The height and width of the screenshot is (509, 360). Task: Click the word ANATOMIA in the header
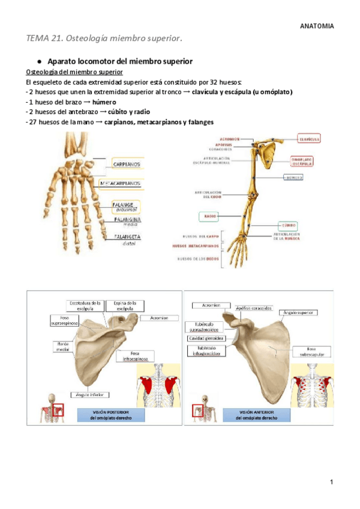pyautogui.click(x=317, y=26)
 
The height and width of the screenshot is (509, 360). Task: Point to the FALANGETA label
pyautogui.click(x=127, y=237)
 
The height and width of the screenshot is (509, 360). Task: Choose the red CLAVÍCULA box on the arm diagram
pyautogui.click(x=309, y=139)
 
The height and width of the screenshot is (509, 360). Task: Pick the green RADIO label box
pyautogui.click(x=207, y=217)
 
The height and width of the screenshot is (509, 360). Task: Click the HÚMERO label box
pyautogui.click(x=294, y=178)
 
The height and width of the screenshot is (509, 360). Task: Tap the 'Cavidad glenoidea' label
pyautogui.click(x=206, y=339)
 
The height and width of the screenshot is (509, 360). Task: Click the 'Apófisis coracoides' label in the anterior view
pyautogui.click(x=254, y=309)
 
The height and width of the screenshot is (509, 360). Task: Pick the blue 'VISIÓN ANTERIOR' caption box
pyautogui.click(x=256, y=415)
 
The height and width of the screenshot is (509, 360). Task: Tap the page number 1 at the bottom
pyautogui.click(x=331, y=483)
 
